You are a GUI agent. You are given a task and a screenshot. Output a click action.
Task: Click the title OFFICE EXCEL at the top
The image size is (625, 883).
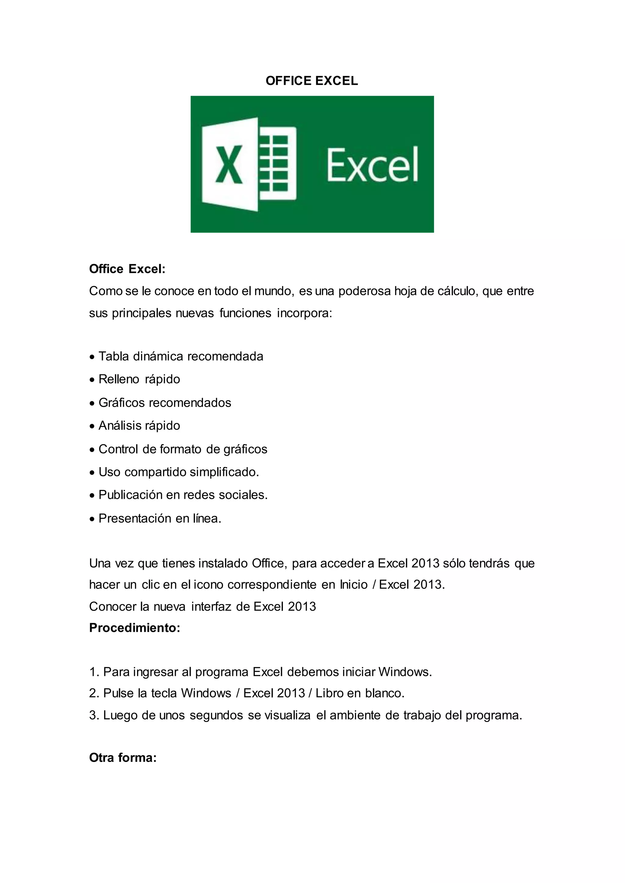pyautogui.click(x=312, y=81)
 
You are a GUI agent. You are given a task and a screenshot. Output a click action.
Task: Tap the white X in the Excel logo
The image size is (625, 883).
pyautogui.click(x=229, y=164)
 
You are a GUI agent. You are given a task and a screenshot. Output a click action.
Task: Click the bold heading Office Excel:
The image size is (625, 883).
pyautogui.click(x=127, y=269)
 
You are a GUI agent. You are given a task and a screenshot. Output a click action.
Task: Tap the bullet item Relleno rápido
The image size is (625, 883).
pyautogui.click(x=139, y=379)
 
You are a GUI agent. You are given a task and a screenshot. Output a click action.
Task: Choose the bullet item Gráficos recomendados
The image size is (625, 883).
pyautogui.click(x=165, y=403)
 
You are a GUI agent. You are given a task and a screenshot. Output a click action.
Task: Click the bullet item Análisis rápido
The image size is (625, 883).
pyautogui.click(x=139, y=426)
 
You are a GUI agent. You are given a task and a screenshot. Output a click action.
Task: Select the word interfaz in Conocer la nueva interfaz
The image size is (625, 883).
pyautogui.click(x=212, y=606)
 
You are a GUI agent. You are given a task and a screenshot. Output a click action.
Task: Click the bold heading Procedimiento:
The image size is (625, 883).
pyautogui.click(x=135, y=628)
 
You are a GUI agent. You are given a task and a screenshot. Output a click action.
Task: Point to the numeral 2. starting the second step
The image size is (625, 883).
pyautogui.click(x=94, y=693)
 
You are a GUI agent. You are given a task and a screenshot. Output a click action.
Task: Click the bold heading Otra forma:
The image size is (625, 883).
pyautogui.click(x=123, y=758)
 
